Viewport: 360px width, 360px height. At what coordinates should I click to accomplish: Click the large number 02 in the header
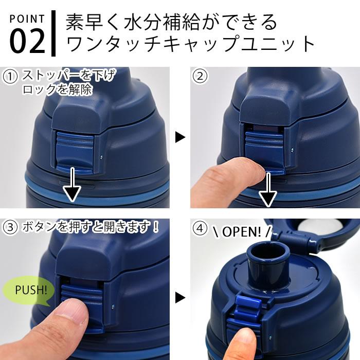coord(27,42)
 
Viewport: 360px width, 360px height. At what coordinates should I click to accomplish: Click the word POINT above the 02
coord(27,19)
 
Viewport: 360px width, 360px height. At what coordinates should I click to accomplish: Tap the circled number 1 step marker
coord(10,77)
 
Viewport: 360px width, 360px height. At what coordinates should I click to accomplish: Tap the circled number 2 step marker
coord(200,76)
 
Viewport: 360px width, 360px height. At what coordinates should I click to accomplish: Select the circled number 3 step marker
coord(10,227)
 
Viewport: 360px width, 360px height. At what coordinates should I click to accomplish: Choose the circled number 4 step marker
coord(200,229)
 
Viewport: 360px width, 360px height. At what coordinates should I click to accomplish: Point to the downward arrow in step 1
coord(72,185)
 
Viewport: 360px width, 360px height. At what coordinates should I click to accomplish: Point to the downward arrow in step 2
coord(268,189)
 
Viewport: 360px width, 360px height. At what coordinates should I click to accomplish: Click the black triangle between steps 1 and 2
coord(180,137)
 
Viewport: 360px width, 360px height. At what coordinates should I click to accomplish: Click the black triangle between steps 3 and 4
coord(180,298)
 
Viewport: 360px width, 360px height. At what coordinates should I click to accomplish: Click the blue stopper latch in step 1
coord(75,152)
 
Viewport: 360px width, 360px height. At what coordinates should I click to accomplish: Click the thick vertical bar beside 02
coord(53,33)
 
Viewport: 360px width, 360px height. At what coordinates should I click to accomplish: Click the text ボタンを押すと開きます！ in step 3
coord(90,227)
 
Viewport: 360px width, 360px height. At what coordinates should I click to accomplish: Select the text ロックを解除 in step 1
coord(58,89)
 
